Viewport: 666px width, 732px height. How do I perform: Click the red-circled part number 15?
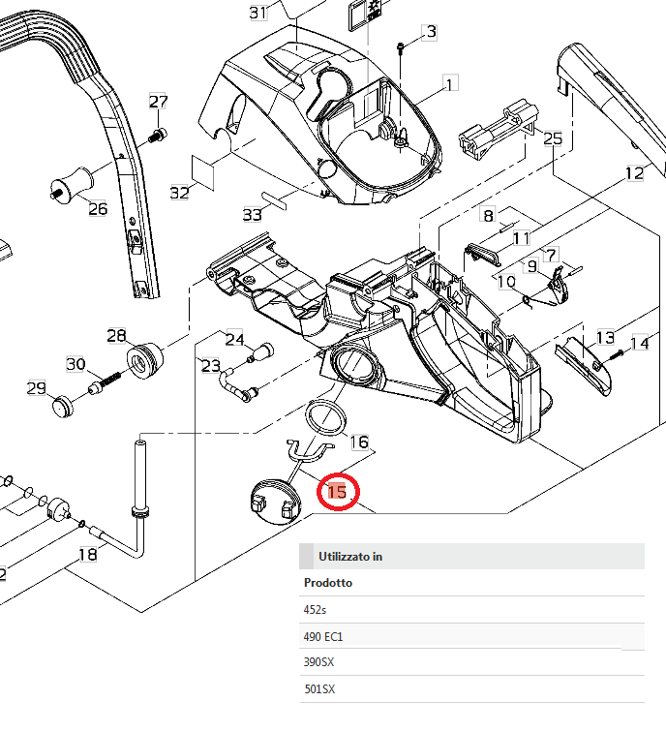coord(337,492)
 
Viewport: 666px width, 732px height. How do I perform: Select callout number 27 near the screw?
coord(159,103)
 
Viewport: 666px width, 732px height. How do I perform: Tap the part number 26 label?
coord(98,207)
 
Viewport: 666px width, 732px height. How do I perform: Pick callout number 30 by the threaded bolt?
coord(76,364)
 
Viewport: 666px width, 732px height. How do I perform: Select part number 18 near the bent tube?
coord(87,555)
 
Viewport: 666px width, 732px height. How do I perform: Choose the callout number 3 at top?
coord(431,33)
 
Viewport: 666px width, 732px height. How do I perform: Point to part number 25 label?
coord(552,139)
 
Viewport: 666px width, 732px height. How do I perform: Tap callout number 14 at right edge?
coord(640,343)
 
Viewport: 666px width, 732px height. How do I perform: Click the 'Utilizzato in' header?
coord(350,557)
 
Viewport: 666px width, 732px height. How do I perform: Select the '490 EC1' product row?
coord(324,636)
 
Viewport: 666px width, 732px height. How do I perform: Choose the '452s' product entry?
coord(316,610)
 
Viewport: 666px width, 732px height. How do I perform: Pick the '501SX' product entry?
coord(320,689)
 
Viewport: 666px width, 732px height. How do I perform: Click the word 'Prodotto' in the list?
coord(328,583)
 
